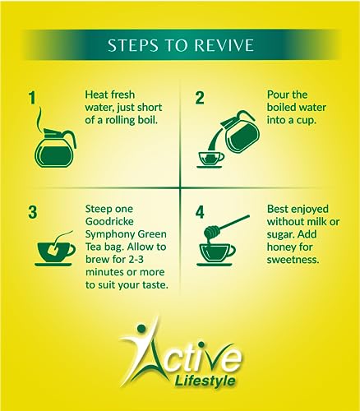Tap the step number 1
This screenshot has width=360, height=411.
[x=33, y=98]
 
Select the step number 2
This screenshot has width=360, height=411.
[x=200, y=98]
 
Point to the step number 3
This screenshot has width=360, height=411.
[x=33, y=212]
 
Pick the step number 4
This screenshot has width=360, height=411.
[x=200, y=212]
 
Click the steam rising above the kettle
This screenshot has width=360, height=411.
[x=41, y=117]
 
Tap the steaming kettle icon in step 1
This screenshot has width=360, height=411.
[x=55, y=148]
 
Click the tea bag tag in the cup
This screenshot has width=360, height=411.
[x=53, y=249]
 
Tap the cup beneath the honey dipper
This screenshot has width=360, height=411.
[x=216, y=254]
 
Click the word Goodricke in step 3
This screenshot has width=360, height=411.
[x=109, y=221]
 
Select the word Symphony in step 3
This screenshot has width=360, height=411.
[x=110, y=234]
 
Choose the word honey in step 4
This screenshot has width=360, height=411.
[x=282, y=247]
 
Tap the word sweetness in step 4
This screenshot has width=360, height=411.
[x=293, y=260]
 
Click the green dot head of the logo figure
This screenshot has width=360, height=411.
[x=141, y=328]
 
